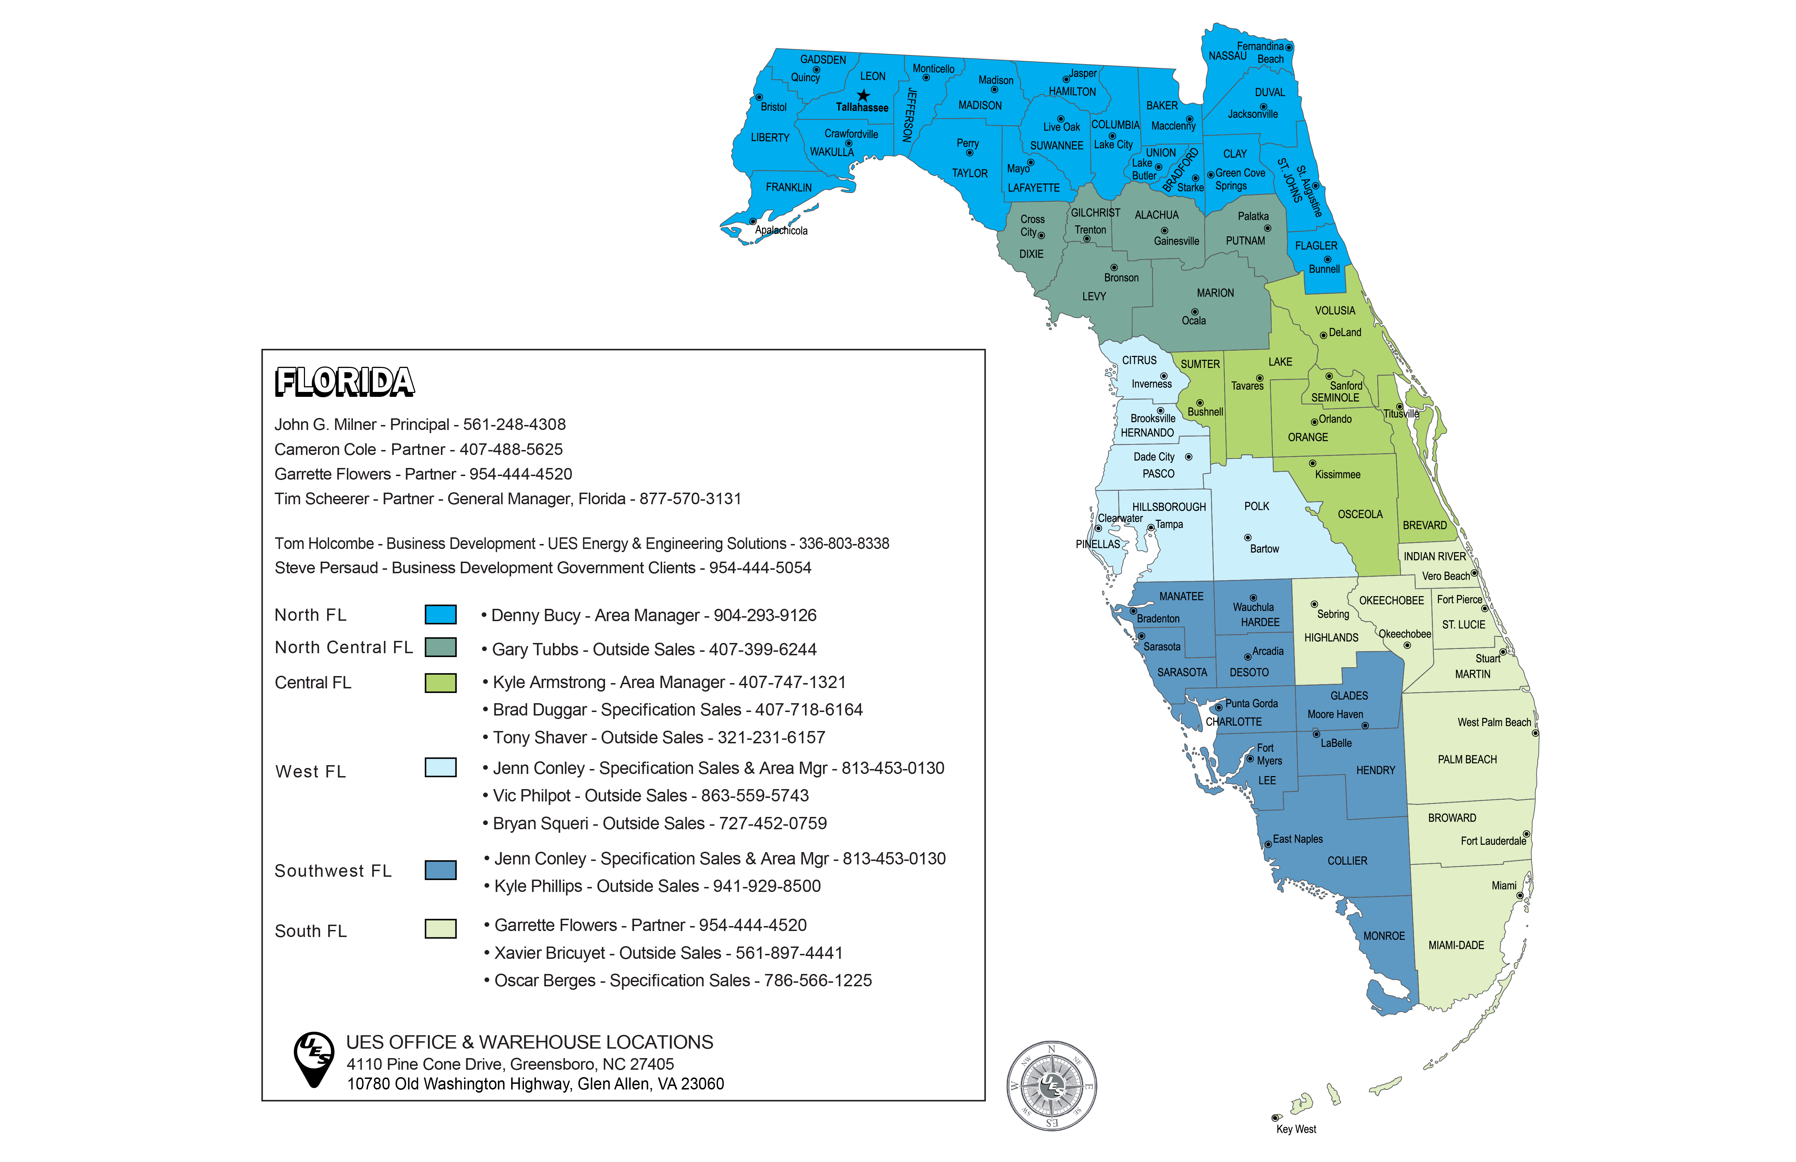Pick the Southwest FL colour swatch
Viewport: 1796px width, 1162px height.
pos(441,870)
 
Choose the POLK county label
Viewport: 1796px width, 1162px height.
pos(1256,506)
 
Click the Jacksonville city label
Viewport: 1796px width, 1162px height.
pos(1253,114)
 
